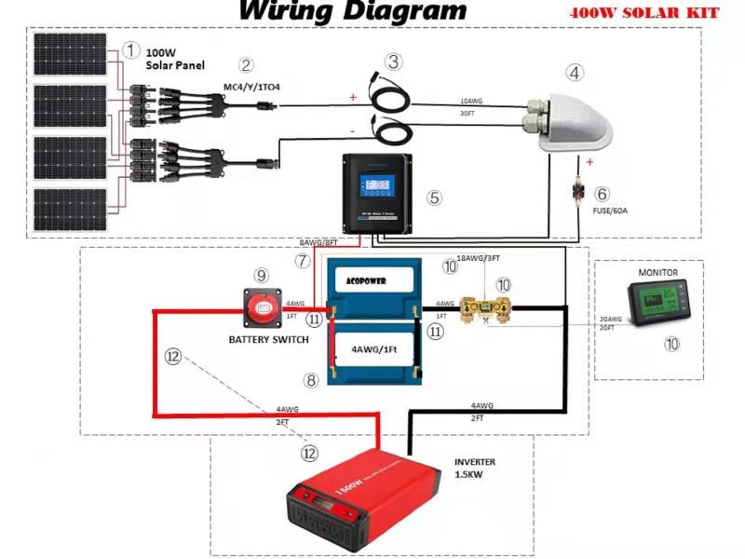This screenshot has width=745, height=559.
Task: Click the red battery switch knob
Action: click(264, 304)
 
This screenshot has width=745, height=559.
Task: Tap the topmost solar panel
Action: click(71, 56)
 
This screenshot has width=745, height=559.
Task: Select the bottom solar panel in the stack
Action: click(71, 211)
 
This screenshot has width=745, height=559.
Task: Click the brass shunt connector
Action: click(486, 307)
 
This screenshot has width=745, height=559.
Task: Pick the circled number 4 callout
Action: click(576, 73)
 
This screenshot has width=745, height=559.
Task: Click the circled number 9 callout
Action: click(262, 275)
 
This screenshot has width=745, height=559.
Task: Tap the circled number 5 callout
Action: click(433, 198)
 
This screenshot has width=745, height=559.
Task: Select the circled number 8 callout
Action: click(312, 380)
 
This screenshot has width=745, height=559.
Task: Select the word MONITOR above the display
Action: click(657, 273)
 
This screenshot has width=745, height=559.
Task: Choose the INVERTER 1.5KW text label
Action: click(474, 469)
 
